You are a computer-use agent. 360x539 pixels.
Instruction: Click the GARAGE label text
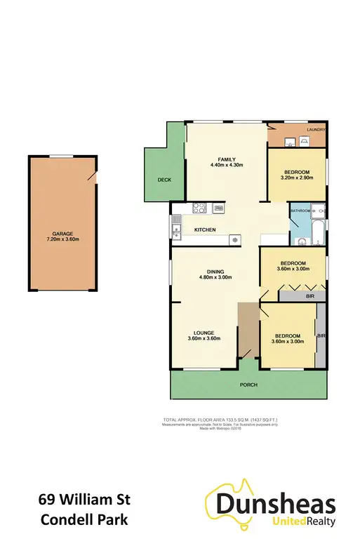click(62, 234)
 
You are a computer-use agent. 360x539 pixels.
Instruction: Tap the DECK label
click(164, 180)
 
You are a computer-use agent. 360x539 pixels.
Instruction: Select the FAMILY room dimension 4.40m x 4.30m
click(226, 165)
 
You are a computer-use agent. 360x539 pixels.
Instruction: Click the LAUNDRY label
click(314, 129)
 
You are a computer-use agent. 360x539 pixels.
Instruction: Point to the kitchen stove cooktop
click(199, 207)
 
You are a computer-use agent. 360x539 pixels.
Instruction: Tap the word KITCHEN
click(205, 230)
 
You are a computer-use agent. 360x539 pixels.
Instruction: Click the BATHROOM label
click(301, 210)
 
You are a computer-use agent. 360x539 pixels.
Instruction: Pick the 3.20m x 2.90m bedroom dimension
click(298, 178)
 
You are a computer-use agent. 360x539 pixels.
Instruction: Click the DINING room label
click(215, 270)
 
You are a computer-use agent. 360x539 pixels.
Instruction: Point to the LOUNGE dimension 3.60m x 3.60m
click(205, 338)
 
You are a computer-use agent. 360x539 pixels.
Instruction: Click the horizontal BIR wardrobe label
click(309, 297)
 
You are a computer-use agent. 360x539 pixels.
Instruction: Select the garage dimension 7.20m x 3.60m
click(62, 240)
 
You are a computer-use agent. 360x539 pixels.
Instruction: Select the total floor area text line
click(221, 419)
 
